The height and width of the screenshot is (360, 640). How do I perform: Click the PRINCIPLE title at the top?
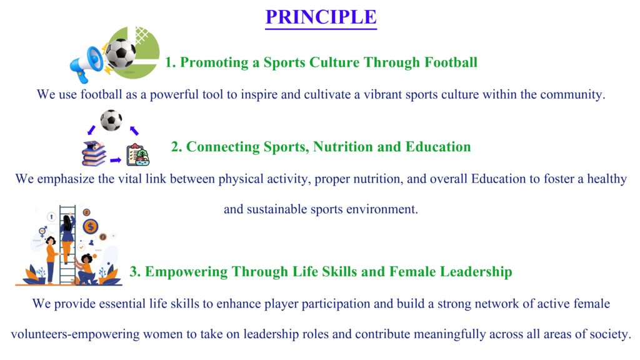coord(321,17)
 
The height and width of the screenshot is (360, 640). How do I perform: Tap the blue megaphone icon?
coord(86,64)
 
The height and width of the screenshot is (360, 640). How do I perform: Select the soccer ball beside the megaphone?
coord(121,52)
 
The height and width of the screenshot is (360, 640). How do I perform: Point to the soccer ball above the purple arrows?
coord(111,120)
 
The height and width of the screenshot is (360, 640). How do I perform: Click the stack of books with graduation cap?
coord(94,154)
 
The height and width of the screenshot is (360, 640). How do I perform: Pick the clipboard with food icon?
coord(137,155)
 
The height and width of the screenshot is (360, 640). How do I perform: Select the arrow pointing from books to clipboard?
coord(116,160)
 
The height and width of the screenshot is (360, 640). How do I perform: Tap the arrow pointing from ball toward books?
coord(91,130)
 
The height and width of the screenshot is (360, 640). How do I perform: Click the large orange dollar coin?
coord(91,226)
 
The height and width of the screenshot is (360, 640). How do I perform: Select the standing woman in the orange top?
coord(51,259)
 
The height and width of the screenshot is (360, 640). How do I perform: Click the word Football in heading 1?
coord(451,62)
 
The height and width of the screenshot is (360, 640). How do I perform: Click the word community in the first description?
coord(572,95)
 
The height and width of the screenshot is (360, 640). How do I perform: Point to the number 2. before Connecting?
coord(176,147)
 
